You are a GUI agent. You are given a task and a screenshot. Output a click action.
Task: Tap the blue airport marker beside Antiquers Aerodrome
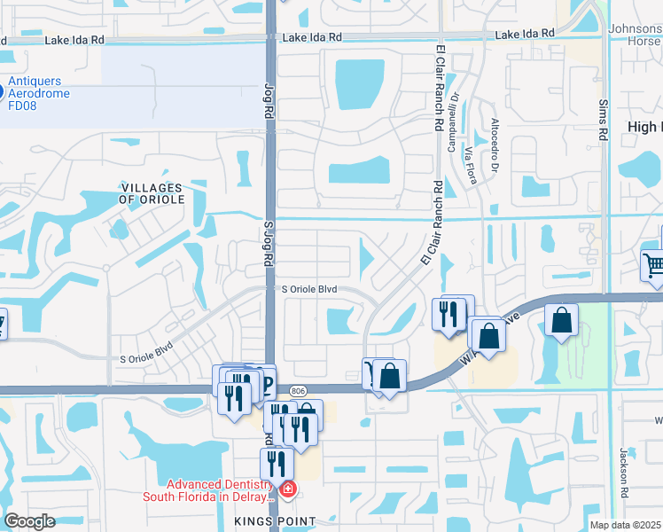coord(2,90)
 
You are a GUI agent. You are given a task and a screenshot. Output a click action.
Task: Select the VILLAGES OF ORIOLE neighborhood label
coord(152,193)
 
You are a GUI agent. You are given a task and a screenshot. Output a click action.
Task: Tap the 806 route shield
coord(298,389)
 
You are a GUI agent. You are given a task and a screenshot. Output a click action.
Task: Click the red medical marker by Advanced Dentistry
coord(287,489)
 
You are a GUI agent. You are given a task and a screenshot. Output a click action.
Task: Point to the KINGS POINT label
coord(276,521)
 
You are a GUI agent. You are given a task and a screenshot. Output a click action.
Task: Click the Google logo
coord(30,521)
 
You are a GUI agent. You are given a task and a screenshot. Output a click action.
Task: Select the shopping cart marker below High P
coord(653,263)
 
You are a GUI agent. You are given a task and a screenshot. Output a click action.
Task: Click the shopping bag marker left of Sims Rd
coord(562,320)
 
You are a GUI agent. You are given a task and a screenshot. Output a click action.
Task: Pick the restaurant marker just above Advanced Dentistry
coord(277,462)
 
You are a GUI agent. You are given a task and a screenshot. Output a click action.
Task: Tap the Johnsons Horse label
coord(635,35)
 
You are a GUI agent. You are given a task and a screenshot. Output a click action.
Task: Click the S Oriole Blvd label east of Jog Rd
coord(310,289)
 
